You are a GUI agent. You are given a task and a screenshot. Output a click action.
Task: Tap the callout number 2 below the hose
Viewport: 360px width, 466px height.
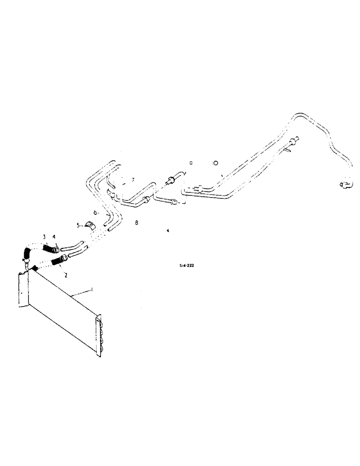coord(66,275)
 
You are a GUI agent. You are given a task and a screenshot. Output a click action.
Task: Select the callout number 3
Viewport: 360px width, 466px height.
coord(45,237)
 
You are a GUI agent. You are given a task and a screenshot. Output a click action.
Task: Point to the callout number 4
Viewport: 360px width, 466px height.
coord(54,237)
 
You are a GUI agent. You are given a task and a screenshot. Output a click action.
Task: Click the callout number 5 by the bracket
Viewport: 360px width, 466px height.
coord(78,226)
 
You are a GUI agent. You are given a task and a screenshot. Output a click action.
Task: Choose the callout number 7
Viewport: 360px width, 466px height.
coord(132,179)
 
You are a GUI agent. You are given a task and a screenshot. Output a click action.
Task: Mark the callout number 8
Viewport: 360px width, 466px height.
coord(136,223)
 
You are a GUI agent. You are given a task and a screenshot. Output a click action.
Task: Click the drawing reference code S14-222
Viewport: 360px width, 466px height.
coord(187,265)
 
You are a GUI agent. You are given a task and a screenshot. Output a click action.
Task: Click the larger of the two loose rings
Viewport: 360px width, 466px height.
coord(215,163)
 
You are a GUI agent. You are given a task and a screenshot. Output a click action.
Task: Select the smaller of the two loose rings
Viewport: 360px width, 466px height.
coord(192,163)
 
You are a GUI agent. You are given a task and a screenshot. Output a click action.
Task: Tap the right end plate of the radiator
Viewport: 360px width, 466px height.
coord(98,336)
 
